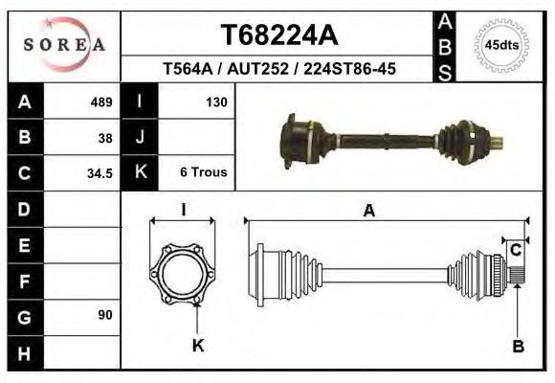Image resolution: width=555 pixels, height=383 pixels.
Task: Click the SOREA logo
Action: pyautogui.click(x=64, y=44)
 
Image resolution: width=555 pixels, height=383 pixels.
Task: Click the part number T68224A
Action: pyautogui.click(x=279, y=35)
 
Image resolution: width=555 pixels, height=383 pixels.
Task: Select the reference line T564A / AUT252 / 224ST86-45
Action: pyautogui.click(x=279, y=69)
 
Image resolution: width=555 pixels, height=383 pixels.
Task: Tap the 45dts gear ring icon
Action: pyautogui.click(x=502, y=45)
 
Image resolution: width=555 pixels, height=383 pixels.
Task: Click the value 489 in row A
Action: pyautogui.click(x=101, y=101)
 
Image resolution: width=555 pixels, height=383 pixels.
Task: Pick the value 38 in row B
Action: pyautogui.click(x=105, y=137)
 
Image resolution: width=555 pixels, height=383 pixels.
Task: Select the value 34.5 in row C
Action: pyautogui.click(x=101, y=173)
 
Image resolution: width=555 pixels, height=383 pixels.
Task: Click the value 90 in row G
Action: pyautogui.click(x=105, y=315)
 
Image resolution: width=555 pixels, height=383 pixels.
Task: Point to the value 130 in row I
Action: pyautogui.click(x=215, y=101)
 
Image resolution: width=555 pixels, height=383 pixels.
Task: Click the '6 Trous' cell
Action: pyautogui.click(x=203, y=173)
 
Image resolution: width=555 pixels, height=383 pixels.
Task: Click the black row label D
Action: pyautogui.click(x=25, y=209)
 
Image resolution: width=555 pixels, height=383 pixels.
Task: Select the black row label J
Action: pyautogui.click(x=140, y=137)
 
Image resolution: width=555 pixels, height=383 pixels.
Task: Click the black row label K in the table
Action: pyautogui.click(x=140, y=173)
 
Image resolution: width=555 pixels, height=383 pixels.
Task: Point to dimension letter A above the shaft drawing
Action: pyautogui.click(x=368, y=212)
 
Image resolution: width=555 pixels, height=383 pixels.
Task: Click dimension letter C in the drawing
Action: pyautogui.click(x=515, y=251)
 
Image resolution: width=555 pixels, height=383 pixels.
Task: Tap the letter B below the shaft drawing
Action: pyautogui.click(x=518, y=347)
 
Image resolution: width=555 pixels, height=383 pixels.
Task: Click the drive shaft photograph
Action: pyautogui.click(x=392, y=142)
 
